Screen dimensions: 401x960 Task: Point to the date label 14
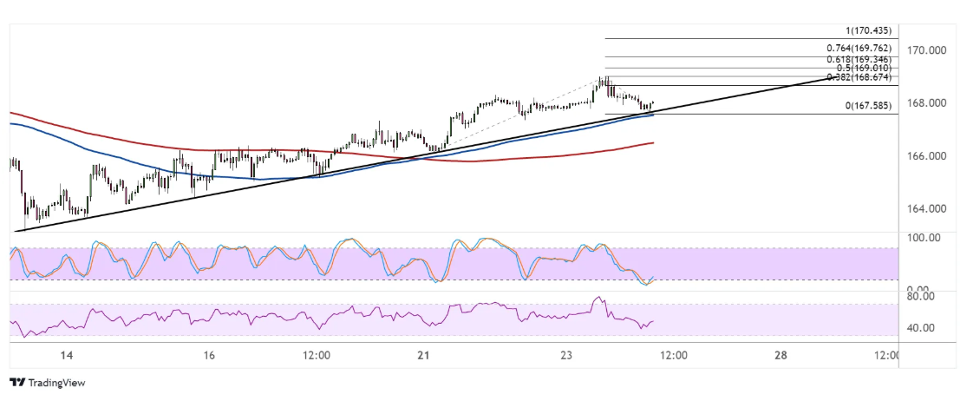(67, 356)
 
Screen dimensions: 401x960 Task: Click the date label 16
(209, 356)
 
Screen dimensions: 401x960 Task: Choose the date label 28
(780, 356)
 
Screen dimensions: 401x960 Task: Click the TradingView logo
(47, 383)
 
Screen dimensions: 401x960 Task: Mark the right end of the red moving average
(652, 142)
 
